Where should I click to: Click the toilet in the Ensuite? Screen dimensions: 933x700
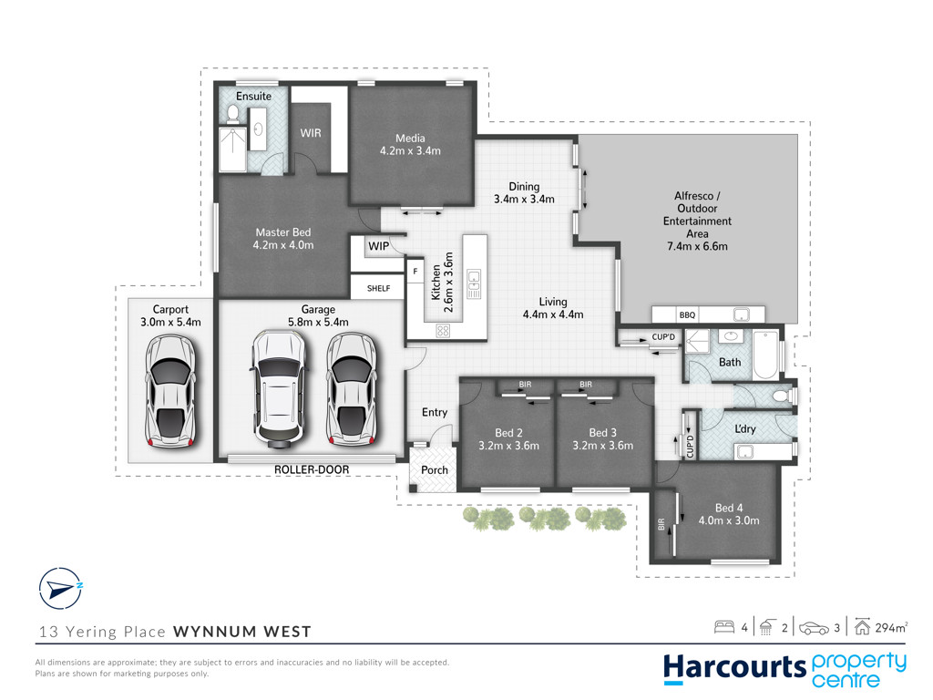[232, 114]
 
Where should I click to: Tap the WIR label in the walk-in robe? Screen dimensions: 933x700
[311, 133]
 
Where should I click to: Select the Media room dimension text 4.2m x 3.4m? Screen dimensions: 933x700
[411, 151]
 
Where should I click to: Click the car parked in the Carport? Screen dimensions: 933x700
[170, 390]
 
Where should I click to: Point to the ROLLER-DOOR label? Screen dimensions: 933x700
[312, 469]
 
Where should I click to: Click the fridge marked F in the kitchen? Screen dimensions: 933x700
[415, 272]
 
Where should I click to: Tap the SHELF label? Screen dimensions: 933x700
[378, 289]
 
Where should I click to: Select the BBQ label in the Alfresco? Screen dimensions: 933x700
[687, 314]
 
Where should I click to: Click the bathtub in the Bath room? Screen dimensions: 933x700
[765, 355]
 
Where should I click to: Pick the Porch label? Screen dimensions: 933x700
[435, 470]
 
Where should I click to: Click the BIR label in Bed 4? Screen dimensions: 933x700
[661, 524]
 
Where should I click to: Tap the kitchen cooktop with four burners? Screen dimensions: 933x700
[443, 330]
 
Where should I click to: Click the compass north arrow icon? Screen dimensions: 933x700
[60, 589]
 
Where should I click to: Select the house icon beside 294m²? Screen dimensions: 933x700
[862, 627]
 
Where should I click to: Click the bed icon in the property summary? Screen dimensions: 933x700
[724, 627]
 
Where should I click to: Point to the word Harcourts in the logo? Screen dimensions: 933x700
[735, 668]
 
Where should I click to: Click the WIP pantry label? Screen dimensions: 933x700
[378, 246]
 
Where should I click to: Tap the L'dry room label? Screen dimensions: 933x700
[745, 428]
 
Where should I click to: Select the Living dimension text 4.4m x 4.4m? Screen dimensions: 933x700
[553, 314]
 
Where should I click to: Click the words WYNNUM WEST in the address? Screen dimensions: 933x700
[242, 632]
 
